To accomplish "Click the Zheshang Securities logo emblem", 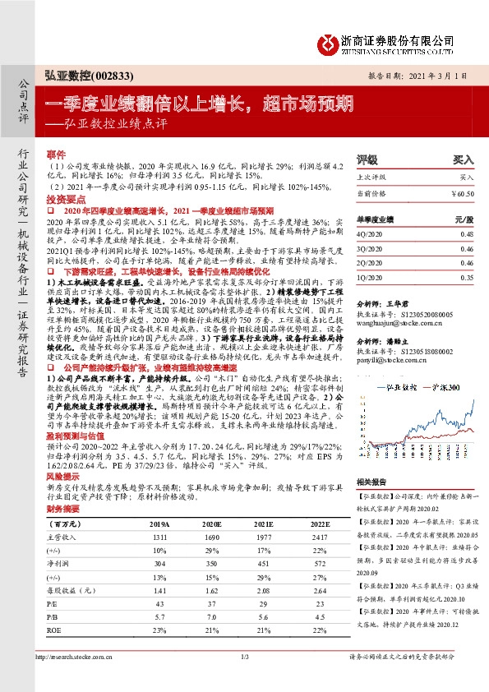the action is [x=330, y=41].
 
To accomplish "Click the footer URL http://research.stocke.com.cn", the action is [x=81, y=679].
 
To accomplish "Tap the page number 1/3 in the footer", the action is [x=244, y=679].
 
